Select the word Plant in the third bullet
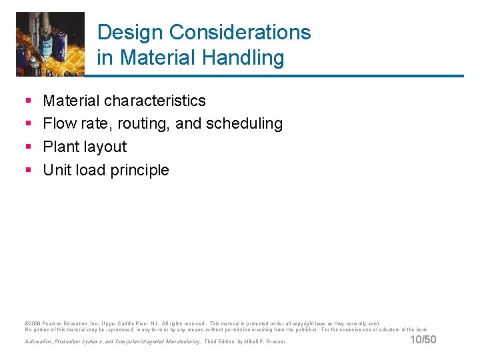(60, 147)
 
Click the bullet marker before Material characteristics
(28, 101)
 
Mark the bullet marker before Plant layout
(28, 147)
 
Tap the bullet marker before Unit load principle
(28, 171)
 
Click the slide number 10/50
(422, 341)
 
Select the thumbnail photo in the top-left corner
(50, 44)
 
